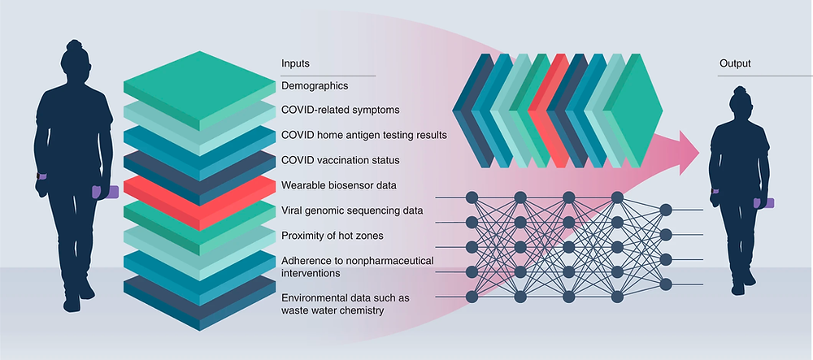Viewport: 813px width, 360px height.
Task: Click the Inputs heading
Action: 295,63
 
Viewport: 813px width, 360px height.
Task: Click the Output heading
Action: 735,63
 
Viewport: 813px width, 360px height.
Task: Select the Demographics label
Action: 315,85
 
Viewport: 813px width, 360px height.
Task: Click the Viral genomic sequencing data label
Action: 351,210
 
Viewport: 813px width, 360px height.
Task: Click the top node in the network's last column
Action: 667,209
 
